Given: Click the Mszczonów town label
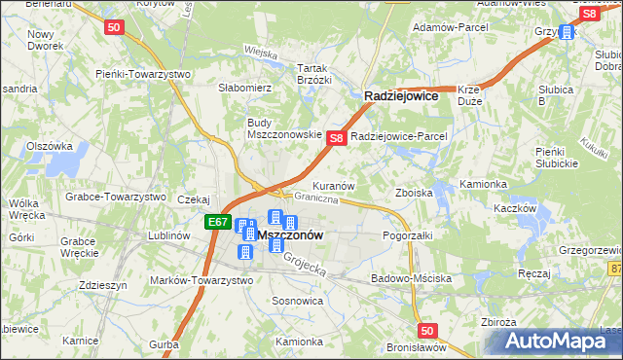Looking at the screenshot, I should pos(290,235).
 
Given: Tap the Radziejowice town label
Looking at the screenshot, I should pos(401,96).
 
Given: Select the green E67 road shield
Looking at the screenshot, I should pos(217,222).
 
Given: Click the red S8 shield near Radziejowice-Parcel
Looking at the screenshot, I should pos(335,138).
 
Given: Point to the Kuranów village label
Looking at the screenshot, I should pos(332,185).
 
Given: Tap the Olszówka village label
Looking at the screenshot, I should pos(51,146).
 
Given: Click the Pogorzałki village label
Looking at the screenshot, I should pos(407,235).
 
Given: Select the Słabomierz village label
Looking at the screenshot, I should pos(243,88).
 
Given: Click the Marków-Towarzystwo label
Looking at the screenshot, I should pos(202,280).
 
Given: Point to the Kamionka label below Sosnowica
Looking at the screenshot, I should pos(298,342).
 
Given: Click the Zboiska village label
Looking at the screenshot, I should pos(414,193).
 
